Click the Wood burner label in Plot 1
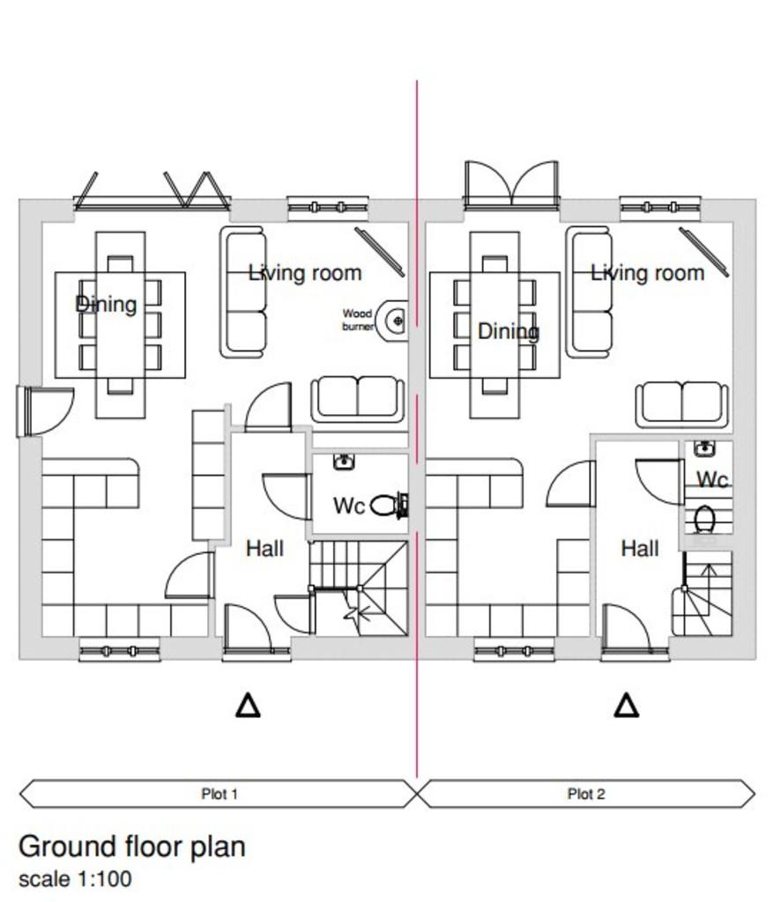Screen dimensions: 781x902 [357, 320]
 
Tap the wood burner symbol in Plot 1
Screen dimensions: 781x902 [396, 321]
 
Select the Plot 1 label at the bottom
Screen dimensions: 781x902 [219, 794]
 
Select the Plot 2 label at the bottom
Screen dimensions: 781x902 [586, 794]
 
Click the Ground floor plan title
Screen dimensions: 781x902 [132, 847]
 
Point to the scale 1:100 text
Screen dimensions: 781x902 [76, 879]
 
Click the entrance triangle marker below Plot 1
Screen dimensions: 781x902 [248, 706]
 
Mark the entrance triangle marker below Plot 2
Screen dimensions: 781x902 [626, 706]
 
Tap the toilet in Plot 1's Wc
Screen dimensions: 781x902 [389, 506]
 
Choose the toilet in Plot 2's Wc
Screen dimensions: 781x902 [704, 519]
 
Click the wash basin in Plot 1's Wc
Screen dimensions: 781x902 [344, 461]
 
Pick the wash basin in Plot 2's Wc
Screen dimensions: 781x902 [704, 448]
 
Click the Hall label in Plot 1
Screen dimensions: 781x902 [264, 548]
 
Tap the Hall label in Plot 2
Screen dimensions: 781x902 [640, 548]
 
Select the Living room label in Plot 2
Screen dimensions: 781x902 [648, 273]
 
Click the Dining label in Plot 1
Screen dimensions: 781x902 [107, 304]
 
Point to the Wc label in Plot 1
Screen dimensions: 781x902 [349, 506]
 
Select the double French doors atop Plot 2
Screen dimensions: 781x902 [511, 183]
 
